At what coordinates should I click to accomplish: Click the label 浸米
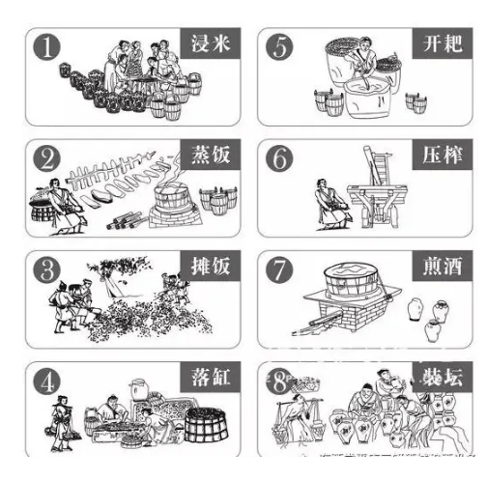click(207, 42)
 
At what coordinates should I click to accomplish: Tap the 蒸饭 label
click(207, 155)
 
